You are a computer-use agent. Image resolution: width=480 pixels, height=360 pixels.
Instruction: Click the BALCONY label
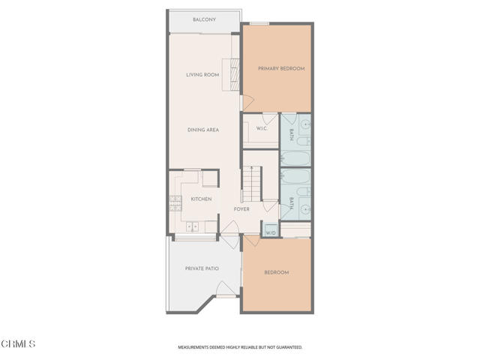204,19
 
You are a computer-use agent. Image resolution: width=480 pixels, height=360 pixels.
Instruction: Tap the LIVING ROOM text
202,75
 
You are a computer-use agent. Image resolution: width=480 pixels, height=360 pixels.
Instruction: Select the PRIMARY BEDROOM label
281,69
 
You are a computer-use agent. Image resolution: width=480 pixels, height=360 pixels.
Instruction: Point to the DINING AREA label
202,130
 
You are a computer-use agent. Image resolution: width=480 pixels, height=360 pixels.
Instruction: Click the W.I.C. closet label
262,128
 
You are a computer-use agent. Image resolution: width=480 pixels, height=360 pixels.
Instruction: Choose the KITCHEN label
200,199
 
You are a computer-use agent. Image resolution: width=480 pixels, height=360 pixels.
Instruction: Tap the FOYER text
241,209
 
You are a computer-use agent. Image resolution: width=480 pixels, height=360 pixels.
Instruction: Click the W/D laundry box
271,231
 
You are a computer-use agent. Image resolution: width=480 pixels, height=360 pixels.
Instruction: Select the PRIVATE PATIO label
201,268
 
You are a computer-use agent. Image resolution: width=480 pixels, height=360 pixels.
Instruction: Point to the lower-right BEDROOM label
277,272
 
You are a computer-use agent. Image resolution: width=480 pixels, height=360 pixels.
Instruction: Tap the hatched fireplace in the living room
233,73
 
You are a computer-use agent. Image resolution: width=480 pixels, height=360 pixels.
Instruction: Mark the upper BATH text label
291,134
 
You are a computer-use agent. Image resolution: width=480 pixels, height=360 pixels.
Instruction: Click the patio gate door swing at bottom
223,289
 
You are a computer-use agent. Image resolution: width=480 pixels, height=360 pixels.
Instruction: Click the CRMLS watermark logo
19,343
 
